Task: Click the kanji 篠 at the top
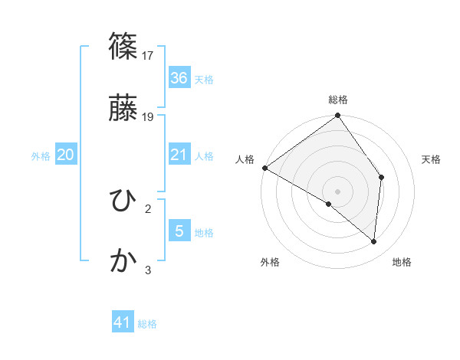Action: (x=123, y=47)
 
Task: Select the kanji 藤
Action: (x=123, y=108)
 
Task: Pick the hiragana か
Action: (x=123, y=261)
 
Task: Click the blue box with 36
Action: (x=179, y=77)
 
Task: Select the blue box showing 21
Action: (x=179, y=155)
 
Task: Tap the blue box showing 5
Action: (x=179, y=231)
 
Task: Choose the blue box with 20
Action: (x=65, y=155)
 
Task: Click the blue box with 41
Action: (x=123, y=322)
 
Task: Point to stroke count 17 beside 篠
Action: (x=149, y=55)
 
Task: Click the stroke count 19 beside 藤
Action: (x=149, y=116)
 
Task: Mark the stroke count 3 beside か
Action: (x=148, y=270)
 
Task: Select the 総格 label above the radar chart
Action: (x=338, y=100)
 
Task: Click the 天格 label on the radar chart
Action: (x=431, y=159)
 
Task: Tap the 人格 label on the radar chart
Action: (x=245, y=159)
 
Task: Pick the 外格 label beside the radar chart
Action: (x=270, y=262)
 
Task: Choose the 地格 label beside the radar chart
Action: (x=402, y=262)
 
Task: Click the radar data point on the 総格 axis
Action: (x=337, y=116)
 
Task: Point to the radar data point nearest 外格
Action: (x=328, y=205)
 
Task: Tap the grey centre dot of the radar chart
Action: (x=337, y=190)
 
